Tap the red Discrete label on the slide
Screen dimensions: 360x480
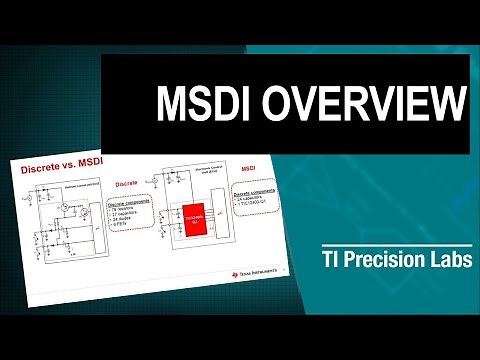click(x=127, y=184)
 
